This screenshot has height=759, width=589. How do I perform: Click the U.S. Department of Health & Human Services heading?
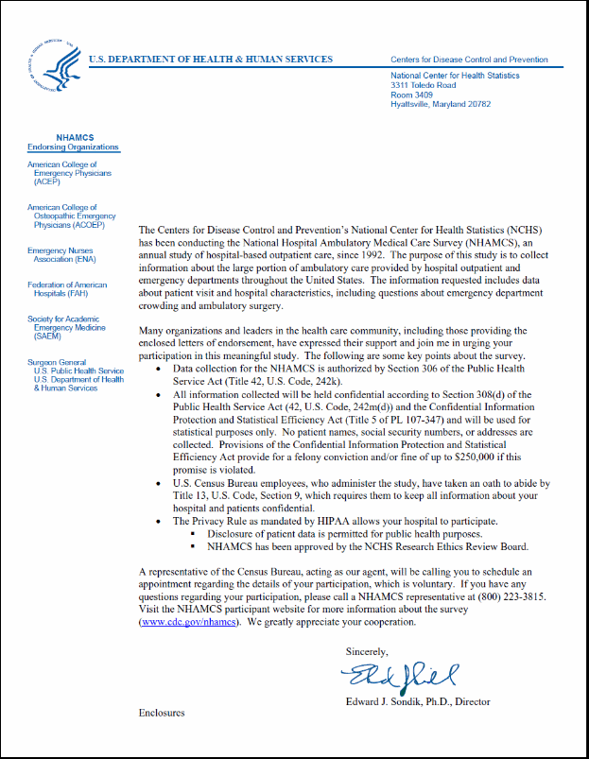point(211,60)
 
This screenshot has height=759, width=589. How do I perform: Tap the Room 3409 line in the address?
point(411,95)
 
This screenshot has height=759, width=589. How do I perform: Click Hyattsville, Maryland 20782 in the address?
point(441,104)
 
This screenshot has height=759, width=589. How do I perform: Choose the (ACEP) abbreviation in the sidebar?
point(47,182)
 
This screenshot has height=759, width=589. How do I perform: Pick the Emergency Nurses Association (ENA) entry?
point(62,254)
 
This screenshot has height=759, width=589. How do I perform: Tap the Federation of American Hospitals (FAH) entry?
point(67,288)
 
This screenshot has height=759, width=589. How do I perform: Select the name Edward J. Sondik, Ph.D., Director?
point(418,702)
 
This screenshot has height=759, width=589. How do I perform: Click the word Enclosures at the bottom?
point(162,713)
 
